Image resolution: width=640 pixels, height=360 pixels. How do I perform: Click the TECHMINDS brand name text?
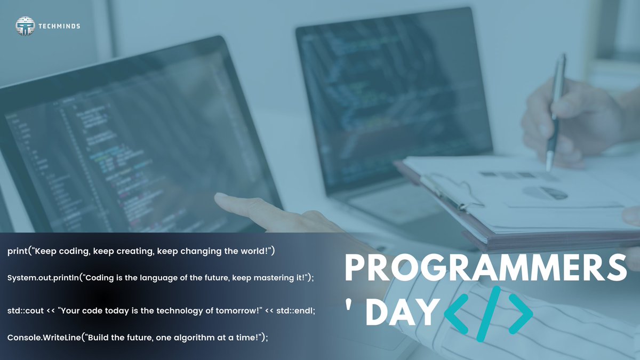[x=60, y=26]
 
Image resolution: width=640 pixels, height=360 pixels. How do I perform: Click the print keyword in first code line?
[x=18, y=251]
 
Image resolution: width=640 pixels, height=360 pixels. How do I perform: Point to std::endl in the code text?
[x=296, y=310]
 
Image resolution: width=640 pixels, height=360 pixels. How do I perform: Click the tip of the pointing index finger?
[x=219, y=197]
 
